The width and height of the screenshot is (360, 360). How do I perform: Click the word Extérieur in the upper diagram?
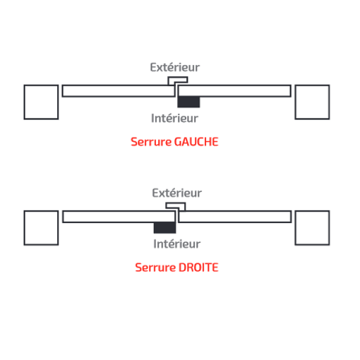(175, 67)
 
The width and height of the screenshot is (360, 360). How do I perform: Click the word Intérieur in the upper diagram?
(174, 118)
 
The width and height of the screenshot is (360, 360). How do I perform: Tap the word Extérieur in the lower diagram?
(177, 193)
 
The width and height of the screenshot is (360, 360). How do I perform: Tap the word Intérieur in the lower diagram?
(177, 244)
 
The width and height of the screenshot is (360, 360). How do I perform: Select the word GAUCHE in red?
(196, 142)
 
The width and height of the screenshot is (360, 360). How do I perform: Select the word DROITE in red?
(198, 268)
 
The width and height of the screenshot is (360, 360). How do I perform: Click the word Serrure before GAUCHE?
(151, 142)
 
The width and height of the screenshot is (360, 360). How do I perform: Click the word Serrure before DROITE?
(155, 268)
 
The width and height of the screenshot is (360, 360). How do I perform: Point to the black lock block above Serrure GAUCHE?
(188, 102)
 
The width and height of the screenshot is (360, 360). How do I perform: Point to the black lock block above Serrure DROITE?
(164, 227)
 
